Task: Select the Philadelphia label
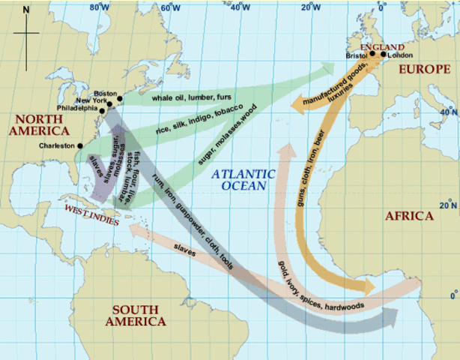click(78, 108)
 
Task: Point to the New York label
click(91, 100)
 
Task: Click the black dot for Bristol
click(372, 54)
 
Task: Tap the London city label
click(396, 55)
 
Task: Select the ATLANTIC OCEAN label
click(243, 179)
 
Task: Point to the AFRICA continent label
click(408, 216)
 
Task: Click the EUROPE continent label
click(423, 69)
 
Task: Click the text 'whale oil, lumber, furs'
click(192, 97)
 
